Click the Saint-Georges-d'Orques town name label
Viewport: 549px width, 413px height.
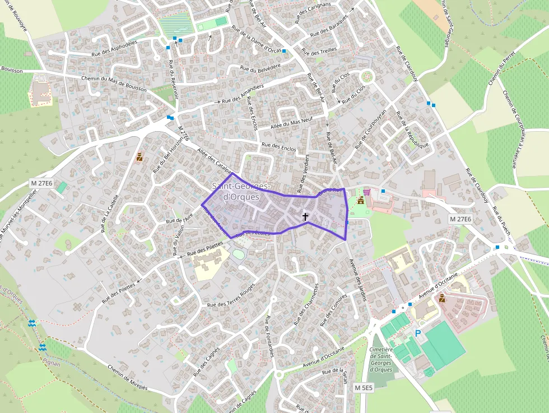[241, 192]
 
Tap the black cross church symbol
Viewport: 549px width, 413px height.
[305, 216]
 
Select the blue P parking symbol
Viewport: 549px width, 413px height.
[417, 333]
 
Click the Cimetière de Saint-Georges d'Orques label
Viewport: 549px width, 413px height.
[381, 359]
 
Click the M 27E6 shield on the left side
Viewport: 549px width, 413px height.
[41, 183]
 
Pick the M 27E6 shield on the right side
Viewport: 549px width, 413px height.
[460, 219]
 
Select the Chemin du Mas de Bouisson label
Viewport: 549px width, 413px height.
[114, 84]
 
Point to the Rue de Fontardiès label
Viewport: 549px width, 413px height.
[269, 336]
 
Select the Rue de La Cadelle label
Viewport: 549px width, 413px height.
[110, 214]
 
